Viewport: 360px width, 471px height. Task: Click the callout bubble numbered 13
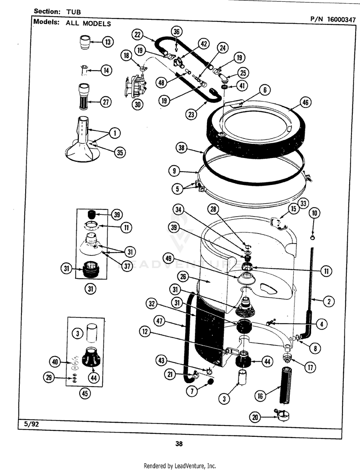(107, 42)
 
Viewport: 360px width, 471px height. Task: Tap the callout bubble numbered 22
(138, 35)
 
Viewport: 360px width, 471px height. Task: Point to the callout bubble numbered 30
(137, 104)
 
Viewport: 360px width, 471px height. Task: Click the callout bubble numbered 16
(260, 396)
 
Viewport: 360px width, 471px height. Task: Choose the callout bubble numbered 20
(255, 418)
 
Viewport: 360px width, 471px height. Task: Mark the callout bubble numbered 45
(85, 393)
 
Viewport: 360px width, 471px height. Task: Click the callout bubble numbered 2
(328, 302)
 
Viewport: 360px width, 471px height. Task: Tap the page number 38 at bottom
(179, 444)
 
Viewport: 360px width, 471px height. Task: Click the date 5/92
(31, 424)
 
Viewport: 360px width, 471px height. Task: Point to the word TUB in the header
(73, 12)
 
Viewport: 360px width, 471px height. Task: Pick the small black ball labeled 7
(210, 381)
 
